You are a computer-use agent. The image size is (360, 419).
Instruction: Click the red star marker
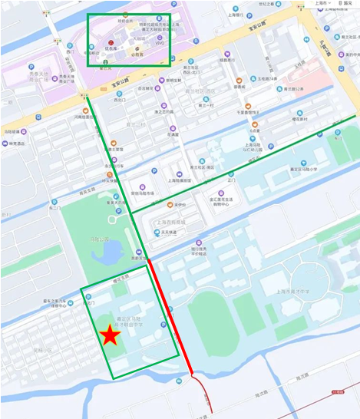click(x=111, y=335)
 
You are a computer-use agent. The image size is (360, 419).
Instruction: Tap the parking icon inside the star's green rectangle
click(x=163, y=325)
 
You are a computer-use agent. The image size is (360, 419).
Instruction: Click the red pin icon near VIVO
click(x=111, y=41)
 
